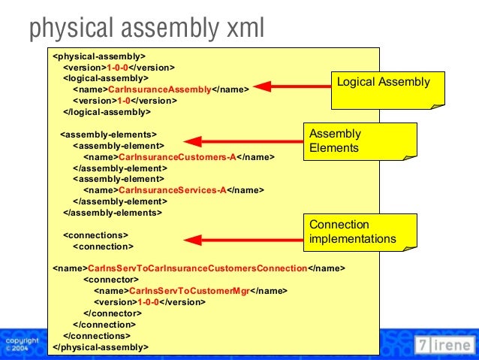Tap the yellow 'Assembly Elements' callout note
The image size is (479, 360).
point(359,141)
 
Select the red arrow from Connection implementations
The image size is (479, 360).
point(244,241)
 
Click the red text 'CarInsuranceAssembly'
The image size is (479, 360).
point(159,88)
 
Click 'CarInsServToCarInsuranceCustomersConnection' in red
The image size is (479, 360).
point(197,268)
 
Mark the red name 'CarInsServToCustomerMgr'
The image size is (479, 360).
point(189,290)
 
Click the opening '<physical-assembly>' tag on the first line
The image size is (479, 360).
point(99,56)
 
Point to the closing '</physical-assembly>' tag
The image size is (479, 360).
point(101,346)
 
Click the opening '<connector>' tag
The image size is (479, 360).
point(110,279)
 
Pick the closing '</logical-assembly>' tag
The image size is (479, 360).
point(107,111)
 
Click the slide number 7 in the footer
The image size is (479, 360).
point(424,345)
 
